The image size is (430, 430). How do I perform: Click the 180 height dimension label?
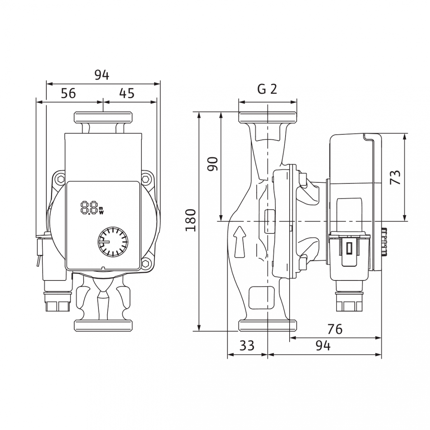coord(191,220)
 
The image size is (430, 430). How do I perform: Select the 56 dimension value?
coord(68,93)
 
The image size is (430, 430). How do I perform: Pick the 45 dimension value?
coord(127,93)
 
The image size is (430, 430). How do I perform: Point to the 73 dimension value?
coord(395,177)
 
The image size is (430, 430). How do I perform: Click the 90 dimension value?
coord(212,164)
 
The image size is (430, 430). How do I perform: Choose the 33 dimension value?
coord(247,346)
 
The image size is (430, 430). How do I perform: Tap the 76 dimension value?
coord(335,329)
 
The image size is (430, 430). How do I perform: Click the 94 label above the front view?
coord(102,75)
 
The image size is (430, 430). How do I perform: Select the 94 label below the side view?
coord(323,346)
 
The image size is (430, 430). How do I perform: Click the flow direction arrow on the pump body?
coord(240,242)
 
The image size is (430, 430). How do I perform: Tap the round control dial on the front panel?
coord(113,241)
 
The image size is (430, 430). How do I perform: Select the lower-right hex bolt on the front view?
coord(146,264)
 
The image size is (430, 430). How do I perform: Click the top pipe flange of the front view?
coord(103,117)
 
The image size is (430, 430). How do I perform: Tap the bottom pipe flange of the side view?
coord(267,325)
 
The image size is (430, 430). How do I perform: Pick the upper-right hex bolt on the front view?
coord(146,180)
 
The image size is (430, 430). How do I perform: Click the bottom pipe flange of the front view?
coord(103,325)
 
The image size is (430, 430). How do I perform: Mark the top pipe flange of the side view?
coord(267,117)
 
